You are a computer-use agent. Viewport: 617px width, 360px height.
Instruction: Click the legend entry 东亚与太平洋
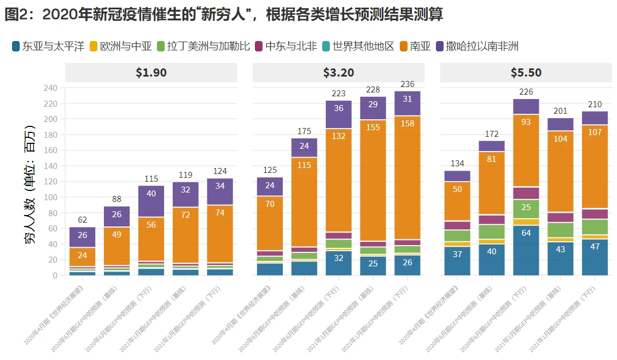click(48, 46)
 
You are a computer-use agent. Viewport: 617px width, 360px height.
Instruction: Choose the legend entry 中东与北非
click(284, 46)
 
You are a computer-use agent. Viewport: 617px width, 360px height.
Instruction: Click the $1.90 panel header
click(151, 72)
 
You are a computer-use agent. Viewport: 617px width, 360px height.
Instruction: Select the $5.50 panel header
click(526, 72)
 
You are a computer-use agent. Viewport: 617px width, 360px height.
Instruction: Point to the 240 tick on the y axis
click(50, 88)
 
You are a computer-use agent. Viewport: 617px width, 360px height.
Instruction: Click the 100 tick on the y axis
click(50, 197)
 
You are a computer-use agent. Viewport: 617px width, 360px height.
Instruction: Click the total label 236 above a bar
click(408, 84)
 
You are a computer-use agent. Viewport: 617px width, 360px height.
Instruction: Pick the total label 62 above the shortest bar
click(82, 220)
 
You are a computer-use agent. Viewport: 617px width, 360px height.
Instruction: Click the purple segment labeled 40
click(151, 194)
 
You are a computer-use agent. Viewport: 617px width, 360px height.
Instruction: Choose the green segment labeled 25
click(526, 207)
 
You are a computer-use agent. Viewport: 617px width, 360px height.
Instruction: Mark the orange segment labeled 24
click(82, 256)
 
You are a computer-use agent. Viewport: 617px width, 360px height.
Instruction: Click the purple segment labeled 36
click(339, 108)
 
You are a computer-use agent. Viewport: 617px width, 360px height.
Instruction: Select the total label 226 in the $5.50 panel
click(526, 92)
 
